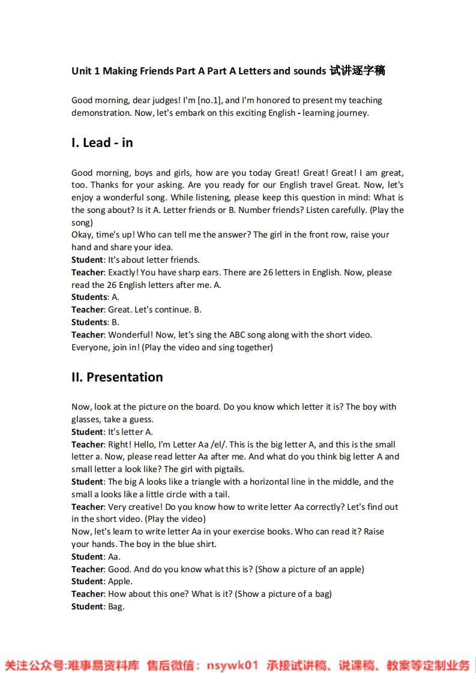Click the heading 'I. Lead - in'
[102, 143]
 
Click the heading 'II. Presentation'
[117, 377]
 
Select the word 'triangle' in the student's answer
[210, 482]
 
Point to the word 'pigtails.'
[227, 469]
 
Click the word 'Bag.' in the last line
[116, 606]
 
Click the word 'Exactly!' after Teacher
[124, 272]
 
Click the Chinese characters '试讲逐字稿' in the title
[357, 71]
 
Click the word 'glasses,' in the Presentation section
[88, 419]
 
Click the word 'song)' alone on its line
[82, 222]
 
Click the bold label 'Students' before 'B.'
[89, 322]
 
